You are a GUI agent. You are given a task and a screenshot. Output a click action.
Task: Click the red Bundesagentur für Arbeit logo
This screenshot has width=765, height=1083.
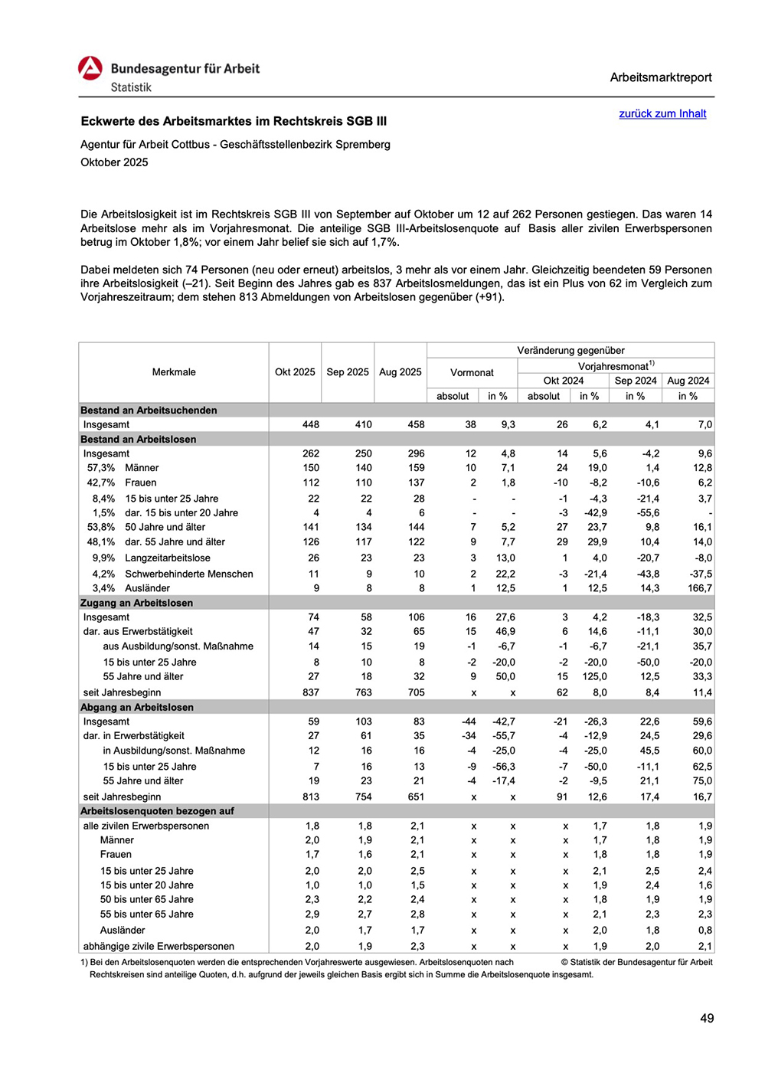(x=90, y=68)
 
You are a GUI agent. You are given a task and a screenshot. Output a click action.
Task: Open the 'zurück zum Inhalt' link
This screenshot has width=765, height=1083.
(x=662, y=113)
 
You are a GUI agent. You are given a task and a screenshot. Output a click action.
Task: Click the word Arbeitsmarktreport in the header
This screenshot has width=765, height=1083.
(x=660, y=77)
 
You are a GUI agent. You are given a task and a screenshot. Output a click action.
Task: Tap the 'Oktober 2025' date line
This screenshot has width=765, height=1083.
(x=114, y=162)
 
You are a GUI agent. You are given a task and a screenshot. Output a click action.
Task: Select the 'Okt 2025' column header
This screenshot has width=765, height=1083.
(x=295, y=372)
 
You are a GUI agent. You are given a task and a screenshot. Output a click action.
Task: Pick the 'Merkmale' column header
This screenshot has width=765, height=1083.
(x=174, y=372)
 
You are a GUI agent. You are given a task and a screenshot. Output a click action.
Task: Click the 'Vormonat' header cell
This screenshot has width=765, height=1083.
(x=472, y=373)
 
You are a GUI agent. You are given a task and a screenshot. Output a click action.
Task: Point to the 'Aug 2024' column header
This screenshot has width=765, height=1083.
(x=688, y=381)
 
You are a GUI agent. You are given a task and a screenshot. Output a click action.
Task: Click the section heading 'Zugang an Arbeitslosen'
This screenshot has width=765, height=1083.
(x=136, y=603)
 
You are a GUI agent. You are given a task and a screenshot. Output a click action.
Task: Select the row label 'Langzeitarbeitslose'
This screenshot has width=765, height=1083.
(x=167, y=558)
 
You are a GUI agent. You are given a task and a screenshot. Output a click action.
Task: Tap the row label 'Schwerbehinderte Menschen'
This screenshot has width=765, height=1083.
(x=188, y=574)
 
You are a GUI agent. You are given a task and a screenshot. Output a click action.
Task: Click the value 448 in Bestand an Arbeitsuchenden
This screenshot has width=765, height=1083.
(x=310, y=424)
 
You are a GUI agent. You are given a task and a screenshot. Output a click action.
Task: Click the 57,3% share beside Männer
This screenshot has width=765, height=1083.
(x=101, y=468)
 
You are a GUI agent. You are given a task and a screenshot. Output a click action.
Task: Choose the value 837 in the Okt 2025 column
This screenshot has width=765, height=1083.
(x=310, y=692)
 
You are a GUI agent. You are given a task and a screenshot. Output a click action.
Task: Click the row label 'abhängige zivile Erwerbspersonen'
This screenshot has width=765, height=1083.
(x=159, y=947)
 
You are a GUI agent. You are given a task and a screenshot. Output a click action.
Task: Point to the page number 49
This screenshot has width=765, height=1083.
(x=706, y=1018)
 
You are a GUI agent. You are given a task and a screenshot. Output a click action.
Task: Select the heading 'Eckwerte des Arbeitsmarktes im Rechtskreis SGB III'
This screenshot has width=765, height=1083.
(x=234, y=121)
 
